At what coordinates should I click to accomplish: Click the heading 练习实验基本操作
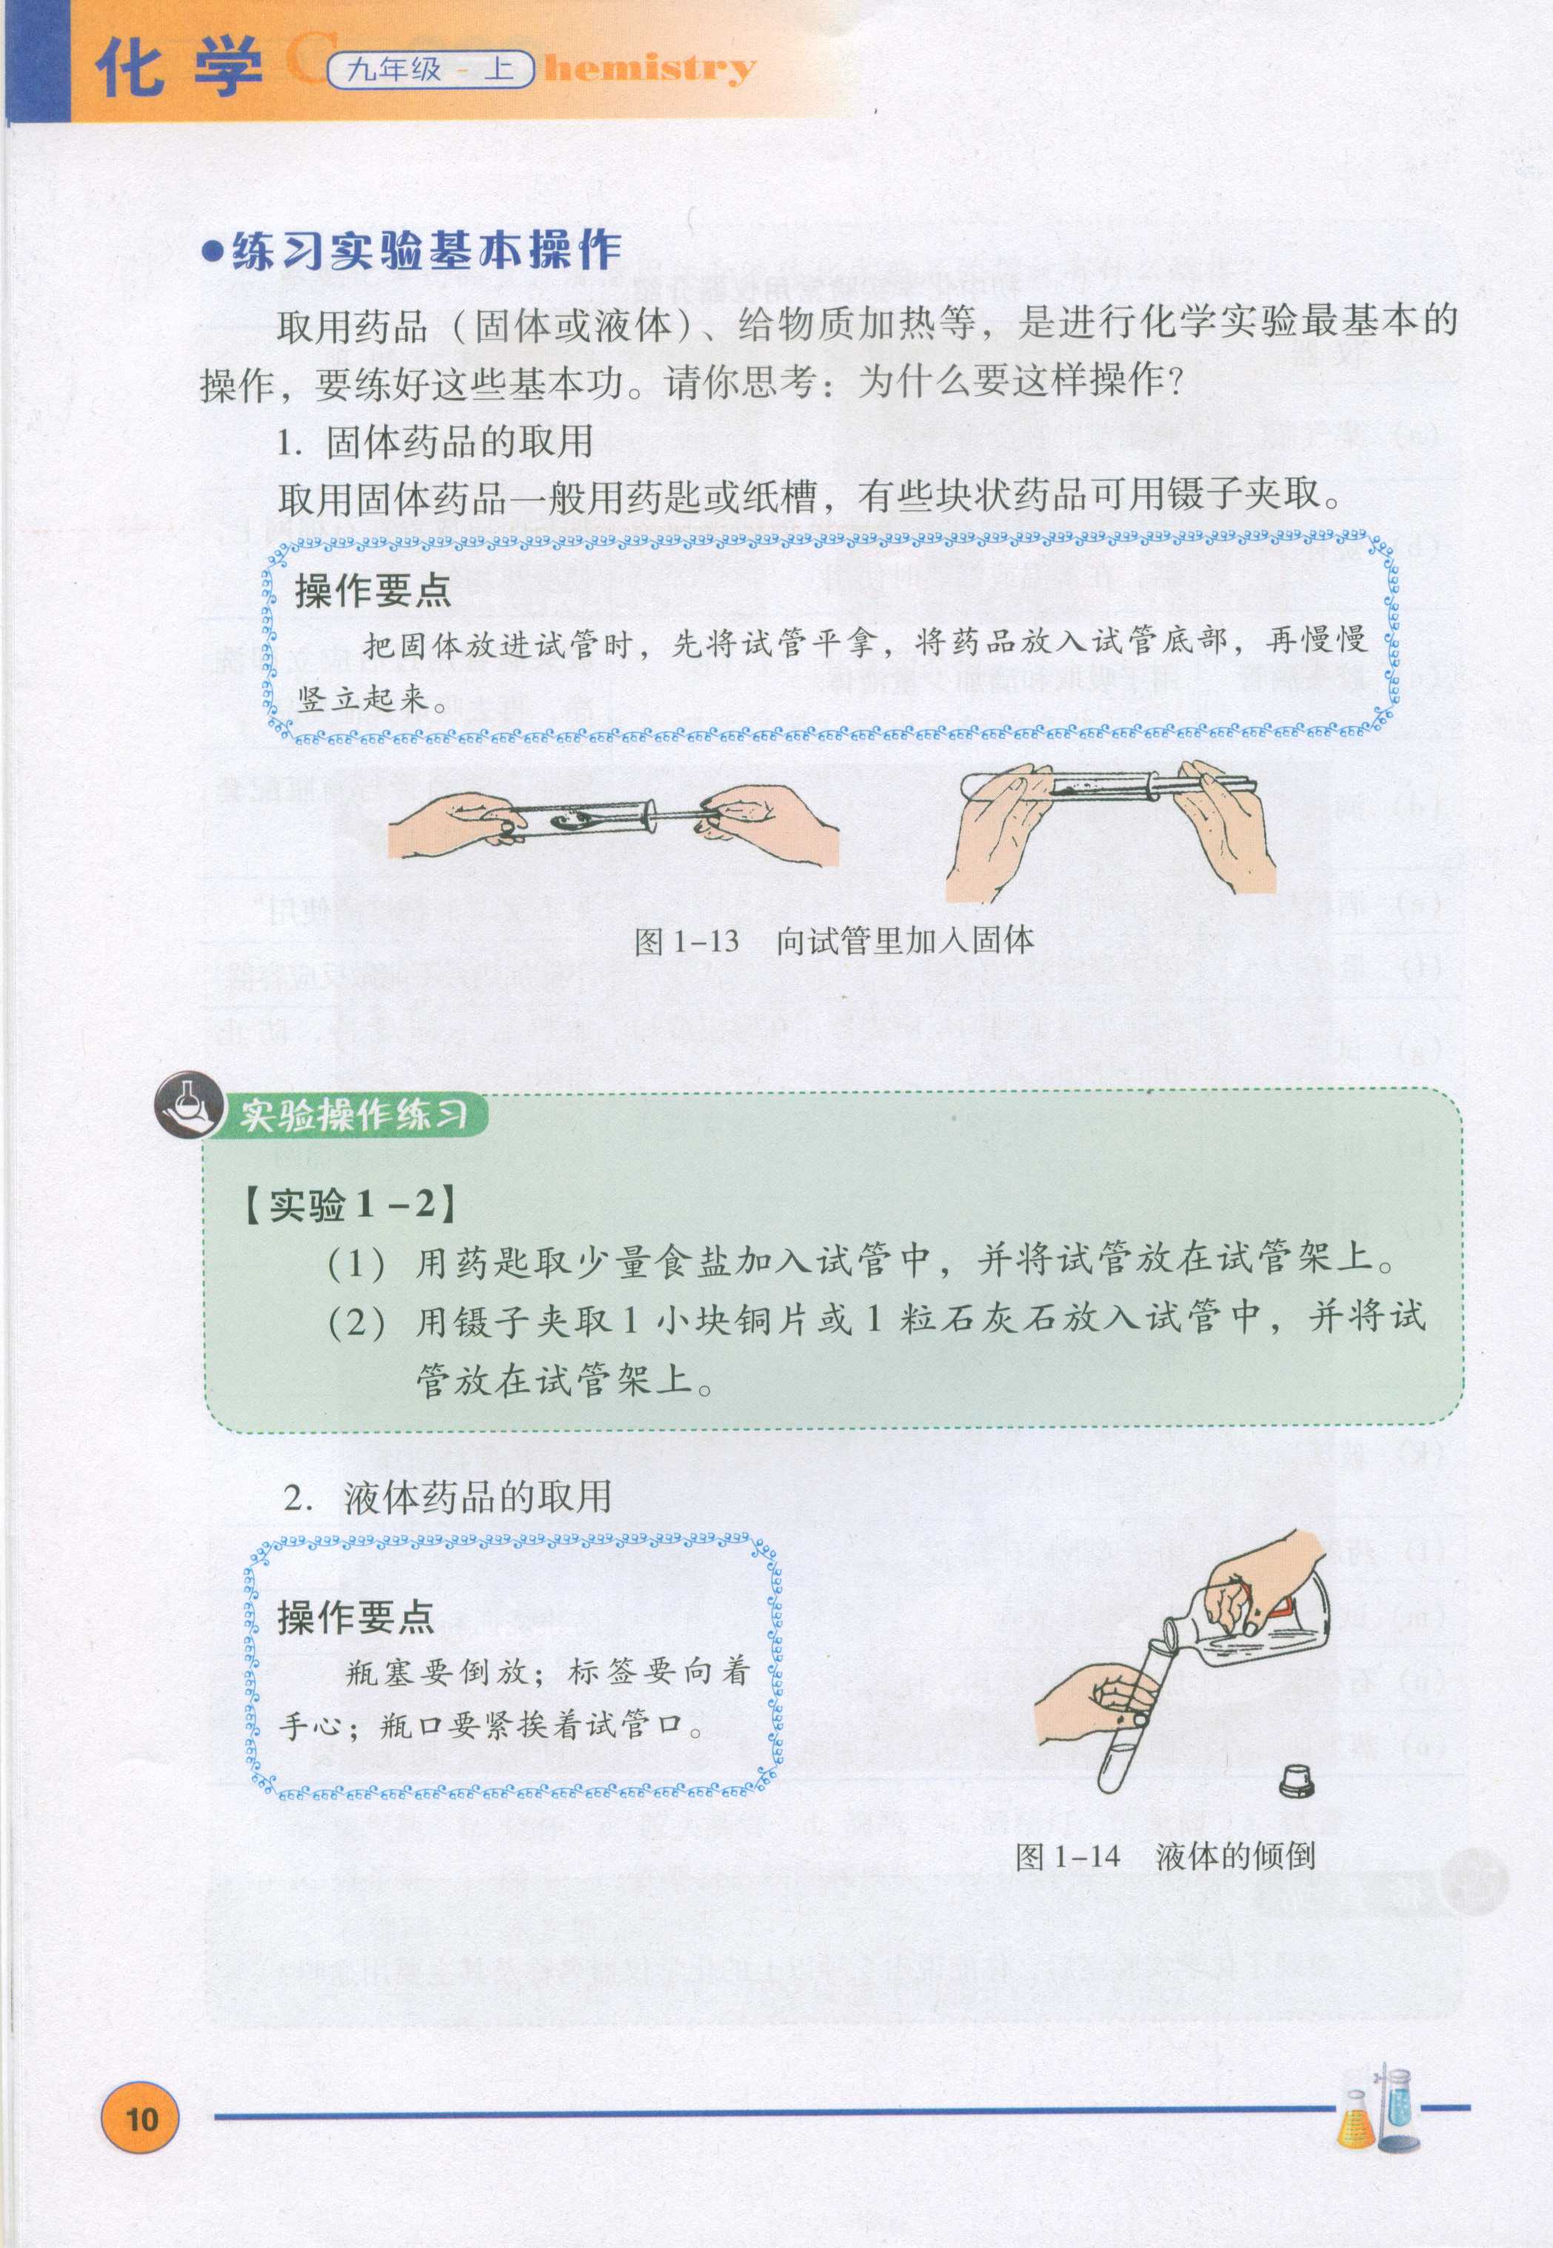click(x=426, y=251)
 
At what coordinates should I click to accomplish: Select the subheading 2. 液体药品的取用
click(x=447, y=1496)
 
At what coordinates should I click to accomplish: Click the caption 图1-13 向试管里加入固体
click(x=833, y=940)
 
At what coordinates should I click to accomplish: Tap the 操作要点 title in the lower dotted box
click(x=355, y=1616)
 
